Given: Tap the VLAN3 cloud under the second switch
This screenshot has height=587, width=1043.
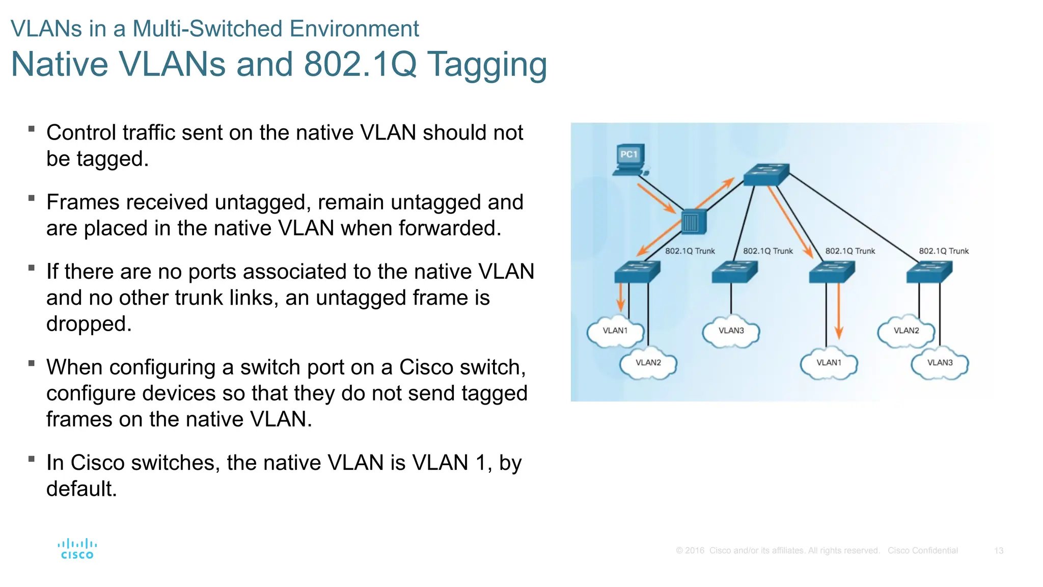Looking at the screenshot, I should point(731,331).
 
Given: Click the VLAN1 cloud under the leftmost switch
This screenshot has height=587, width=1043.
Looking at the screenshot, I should point(615,331).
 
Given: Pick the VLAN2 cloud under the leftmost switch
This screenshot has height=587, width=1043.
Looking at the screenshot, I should point(648,363).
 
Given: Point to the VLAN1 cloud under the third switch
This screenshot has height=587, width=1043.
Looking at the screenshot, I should point(829,363).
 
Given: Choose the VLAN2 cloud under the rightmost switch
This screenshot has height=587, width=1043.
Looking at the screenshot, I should point(906,331).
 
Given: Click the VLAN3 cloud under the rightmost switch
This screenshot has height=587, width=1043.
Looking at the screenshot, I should point(940,363).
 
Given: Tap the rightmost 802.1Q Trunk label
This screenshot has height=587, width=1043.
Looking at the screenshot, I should point(943,251).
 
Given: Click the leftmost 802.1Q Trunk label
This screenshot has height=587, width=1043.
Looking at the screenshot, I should point(690,251).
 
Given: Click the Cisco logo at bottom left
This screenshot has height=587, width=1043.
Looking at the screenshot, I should point(77,549).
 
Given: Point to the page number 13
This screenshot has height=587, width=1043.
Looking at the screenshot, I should point(998,551).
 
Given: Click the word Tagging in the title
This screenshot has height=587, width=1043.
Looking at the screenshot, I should point(487,65).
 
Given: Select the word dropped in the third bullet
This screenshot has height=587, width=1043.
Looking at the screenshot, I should point(89,324).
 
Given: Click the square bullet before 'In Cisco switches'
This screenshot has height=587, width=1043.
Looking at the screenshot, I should point(32,459).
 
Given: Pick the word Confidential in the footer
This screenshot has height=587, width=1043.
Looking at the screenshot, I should point(935,551).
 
